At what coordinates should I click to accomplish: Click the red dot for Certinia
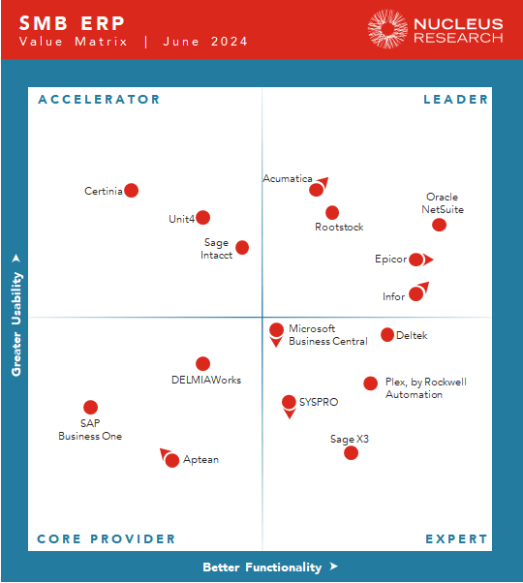pyautogui.click(x=132, y=191)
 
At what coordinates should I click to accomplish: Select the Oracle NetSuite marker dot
pyautogui.click(x=439, y=225)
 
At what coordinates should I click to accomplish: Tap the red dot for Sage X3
pyautogui.click(x=351, y=452)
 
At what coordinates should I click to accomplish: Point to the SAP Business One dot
pyautogui.click(x=90, y=408)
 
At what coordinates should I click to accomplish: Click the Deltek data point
pyautogui.click(x=387, y=335)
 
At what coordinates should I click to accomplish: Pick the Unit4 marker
pyautogui.click(x=202, y=218)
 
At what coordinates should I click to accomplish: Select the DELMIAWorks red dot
pyautogui.click(x=202, y=364)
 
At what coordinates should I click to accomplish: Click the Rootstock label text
pyautogui.click(x=339, y=228)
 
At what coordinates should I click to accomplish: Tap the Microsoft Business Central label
pyautogui.click(x=327, y=335)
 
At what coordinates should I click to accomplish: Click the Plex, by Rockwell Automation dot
pyautogui.click(x=370, y=384)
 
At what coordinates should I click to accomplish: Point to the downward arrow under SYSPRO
pyautogui.click(x=289, y=414)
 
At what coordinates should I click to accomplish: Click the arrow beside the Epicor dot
pyautogui.click(x=428, y=260)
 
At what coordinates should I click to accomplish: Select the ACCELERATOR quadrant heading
pyautogui.click(x=99, y=100)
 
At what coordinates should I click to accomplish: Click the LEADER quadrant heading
pyautogui.click(x=455, y=100)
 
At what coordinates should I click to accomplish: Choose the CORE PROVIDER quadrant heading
pyautogui.click(x=107, y=539)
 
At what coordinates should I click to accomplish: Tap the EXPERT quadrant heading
pyautogui.click(x=456, y=539)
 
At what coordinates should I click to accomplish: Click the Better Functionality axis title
pyautogui.click(x=263, y=568)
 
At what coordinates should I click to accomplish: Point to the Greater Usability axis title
pyautogui.click(x=16, y=316)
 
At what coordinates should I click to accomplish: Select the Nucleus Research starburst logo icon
pyautogui.click(x=387, y=29)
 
